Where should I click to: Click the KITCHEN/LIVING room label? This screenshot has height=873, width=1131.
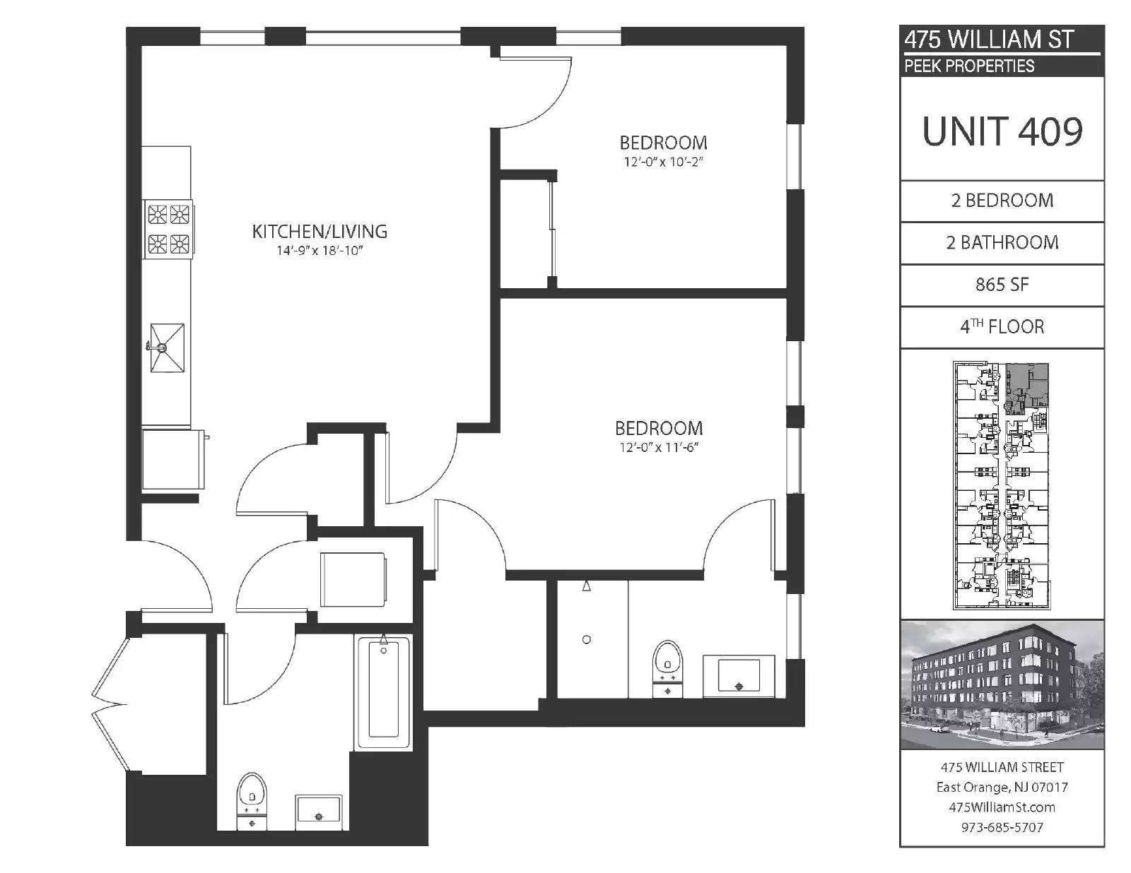[320, 232]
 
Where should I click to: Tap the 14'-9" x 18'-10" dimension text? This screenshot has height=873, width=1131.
[320, 251]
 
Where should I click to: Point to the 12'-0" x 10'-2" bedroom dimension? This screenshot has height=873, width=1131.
[663, 162]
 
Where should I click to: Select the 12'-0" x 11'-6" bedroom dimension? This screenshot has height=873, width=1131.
[658, 447]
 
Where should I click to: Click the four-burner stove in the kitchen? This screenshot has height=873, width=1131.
[168, 229]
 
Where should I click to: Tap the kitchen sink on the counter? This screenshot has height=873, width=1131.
[167, 348]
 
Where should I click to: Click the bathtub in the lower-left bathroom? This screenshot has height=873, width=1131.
[384, 691]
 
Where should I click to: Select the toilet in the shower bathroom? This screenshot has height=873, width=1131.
[667, 669]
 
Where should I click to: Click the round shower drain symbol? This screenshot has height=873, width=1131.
[587, 639]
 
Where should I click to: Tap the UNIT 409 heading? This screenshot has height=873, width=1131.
[1002, 131]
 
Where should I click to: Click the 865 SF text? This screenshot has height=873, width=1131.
[1002, 285]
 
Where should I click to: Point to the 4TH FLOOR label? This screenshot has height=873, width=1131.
[1002, 326]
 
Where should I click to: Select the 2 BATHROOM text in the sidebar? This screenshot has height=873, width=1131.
[1002, 243]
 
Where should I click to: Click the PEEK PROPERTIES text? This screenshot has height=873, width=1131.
[969, 66]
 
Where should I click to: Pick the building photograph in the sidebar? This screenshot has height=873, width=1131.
[1002, 684]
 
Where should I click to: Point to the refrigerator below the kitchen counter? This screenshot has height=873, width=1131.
[172, 459]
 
